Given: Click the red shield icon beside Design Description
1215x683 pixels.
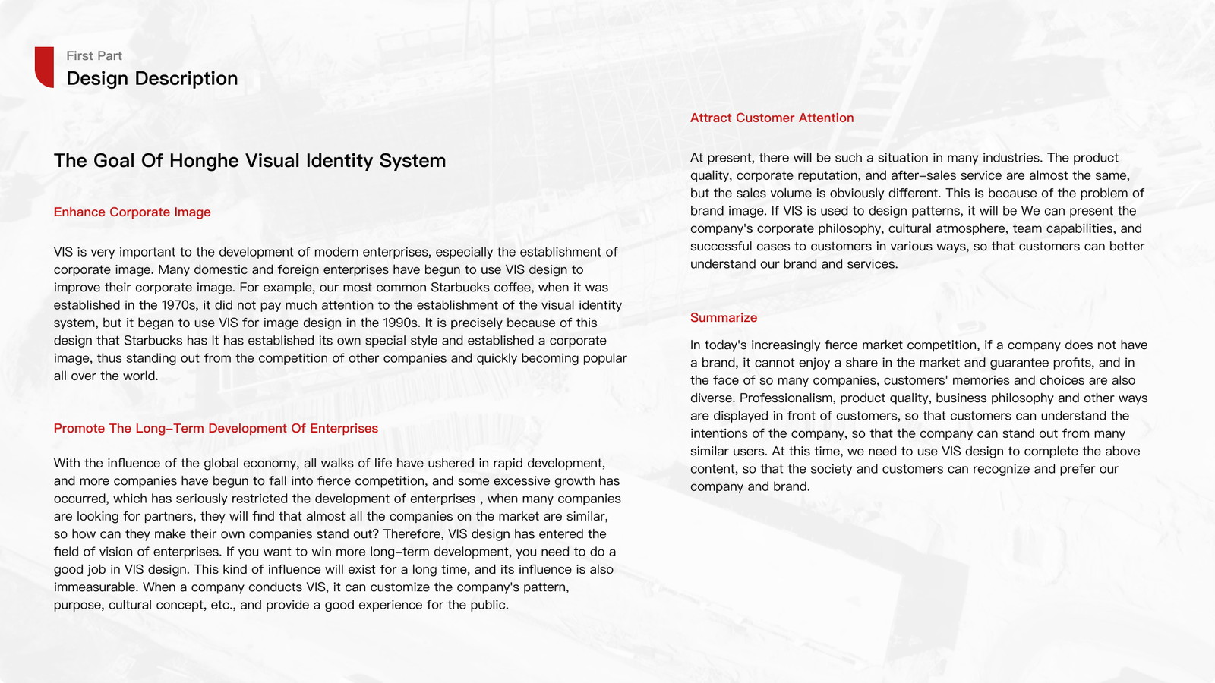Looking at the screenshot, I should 44,67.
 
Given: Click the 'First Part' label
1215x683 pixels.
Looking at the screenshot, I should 94,56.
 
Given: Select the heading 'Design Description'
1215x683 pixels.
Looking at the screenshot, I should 152,79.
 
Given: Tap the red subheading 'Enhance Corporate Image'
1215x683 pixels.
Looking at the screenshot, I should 132,212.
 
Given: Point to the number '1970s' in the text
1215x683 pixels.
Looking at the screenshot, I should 180,305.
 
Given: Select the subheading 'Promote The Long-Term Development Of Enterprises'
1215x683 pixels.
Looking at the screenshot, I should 216,429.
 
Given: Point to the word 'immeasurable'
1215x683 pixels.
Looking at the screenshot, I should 96,587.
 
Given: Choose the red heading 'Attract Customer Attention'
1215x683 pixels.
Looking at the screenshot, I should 772,118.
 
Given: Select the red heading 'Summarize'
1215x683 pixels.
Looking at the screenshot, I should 724,318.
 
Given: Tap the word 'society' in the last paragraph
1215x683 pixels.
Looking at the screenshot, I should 830,469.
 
